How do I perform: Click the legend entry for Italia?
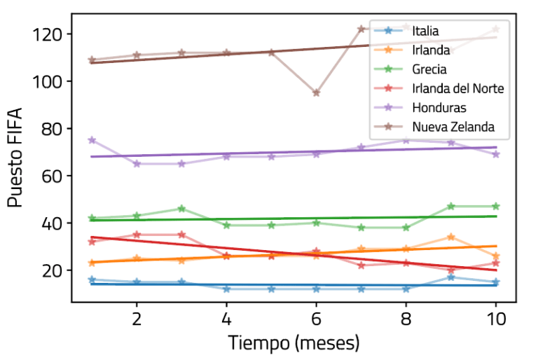pyautogui.click(x=425, y=30)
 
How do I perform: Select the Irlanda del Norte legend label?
pyautogui.click(x=458, y=88)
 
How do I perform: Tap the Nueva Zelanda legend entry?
pyautogui.click(x=453, y=127)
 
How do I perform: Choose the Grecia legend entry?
pyautogui.click(x=429, y=69)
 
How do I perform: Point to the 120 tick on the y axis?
pyautogui.click(x=50, y=34)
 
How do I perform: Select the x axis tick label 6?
pyautogui.click(x=317, y=319)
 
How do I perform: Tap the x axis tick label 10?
pyautogui.click(x=496, y=319)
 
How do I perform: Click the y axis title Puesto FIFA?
pyautogui.click(x=15, y=157)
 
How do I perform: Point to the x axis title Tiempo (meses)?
pyautogui.click(x=294, y=344)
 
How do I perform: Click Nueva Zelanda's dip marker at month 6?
pyautogui.click(x=317, y=92)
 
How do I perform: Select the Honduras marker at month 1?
pyautogui.click(x=92, y=141)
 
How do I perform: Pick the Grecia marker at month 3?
pyautogui.click(x=181, y=209)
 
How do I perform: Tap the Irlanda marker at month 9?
pyautogui.click(x=451, y=237)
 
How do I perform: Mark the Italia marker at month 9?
pyautogui.click(x=451, y=277)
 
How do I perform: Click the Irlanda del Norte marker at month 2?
pyautogui.click(x=137, y=235)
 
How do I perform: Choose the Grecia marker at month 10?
pyautogui.click(x=496, y=207)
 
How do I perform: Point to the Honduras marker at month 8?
pyautogui.click(x=406, y=140)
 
